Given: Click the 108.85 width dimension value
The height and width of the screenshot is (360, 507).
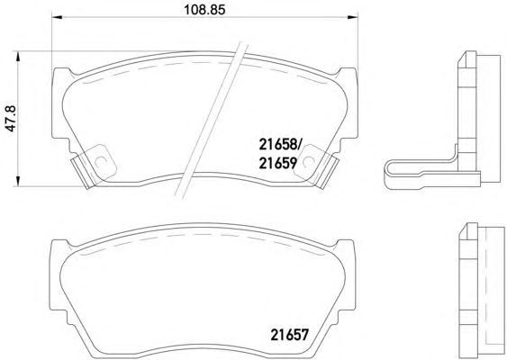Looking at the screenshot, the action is point(204,10).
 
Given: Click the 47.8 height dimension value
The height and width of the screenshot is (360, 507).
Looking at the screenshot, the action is point(12,118).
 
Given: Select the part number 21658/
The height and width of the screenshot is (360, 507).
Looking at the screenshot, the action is point(280,145).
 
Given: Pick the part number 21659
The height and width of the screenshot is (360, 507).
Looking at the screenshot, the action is point(277,163).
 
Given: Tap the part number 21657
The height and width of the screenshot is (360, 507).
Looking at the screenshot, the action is point(290,335).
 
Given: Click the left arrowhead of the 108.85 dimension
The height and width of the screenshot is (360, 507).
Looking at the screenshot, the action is point(57,17).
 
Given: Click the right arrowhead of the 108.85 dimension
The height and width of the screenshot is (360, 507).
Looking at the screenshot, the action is point(353,17).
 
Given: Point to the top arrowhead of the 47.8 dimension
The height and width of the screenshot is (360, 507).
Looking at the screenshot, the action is point(18,57).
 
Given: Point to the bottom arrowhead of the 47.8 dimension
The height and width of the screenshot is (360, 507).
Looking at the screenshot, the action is point(18,181).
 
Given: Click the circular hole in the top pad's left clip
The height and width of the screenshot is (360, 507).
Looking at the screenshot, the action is point(100,161).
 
